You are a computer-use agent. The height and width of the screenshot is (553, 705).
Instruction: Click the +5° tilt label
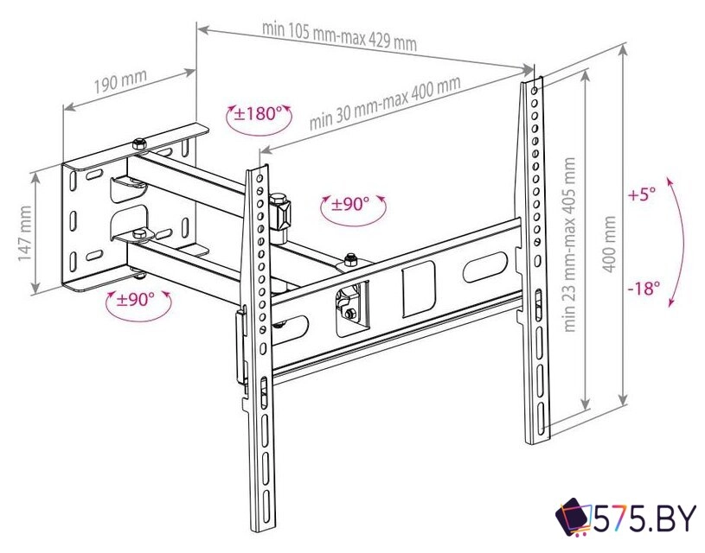(642, 194)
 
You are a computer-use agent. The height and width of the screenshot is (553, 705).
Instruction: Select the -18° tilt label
(645, 288)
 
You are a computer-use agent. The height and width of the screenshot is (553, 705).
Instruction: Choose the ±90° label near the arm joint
(351, 204)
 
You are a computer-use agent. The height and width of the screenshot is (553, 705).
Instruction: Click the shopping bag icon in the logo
(574, 518)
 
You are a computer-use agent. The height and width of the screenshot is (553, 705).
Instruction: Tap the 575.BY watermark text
(645, 519)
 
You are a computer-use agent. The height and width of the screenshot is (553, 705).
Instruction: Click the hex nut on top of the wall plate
(138, 143)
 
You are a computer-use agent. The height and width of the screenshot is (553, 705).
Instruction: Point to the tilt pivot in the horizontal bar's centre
(349, 305)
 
